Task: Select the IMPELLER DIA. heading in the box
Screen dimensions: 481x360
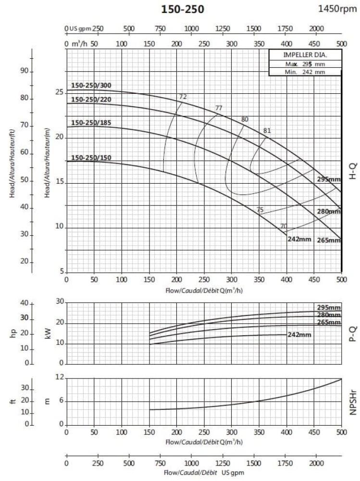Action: click(x=305, y=55)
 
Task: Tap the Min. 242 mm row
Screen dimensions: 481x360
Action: click(x=305, y=72)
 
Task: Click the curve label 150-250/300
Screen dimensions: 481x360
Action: click(x=91, y=86)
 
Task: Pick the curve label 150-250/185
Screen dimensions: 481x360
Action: click(x=91, y=123)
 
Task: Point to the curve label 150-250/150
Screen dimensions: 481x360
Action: click(x=91, y=157)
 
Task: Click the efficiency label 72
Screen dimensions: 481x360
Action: click(x=183, y=97)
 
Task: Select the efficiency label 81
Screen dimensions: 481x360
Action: click(x=267, y=130)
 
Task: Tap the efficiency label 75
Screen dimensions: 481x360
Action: click(x=260, y=210)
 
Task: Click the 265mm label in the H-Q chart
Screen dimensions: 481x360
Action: click(x=329, y=240)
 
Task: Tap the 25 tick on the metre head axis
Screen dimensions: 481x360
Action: click(x=59, y=92)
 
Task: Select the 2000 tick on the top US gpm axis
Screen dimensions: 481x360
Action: click(x=316, y=28)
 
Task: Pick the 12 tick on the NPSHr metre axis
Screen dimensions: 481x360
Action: click(x=59, y=378)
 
